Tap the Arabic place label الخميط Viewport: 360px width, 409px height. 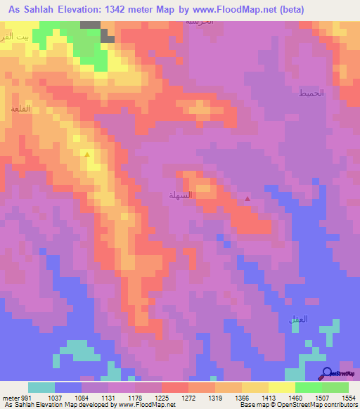(311, 93)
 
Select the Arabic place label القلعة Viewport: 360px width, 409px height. (19, 110)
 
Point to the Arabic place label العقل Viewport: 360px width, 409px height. (298, 319)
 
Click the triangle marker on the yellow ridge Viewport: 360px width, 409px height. (87, 154)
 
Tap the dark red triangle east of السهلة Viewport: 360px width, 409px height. (247, 199)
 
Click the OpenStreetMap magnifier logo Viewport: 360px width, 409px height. (327, 373)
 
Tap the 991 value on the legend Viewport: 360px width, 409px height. (26, 397)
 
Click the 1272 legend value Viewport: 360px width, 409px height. (188, 397)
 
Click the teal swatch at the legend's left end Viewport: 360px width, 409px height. (41, 387)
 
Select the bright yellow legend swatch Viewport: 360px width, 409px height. (281, 387)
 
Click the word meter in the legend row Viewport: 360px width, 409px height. (9, 397)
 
